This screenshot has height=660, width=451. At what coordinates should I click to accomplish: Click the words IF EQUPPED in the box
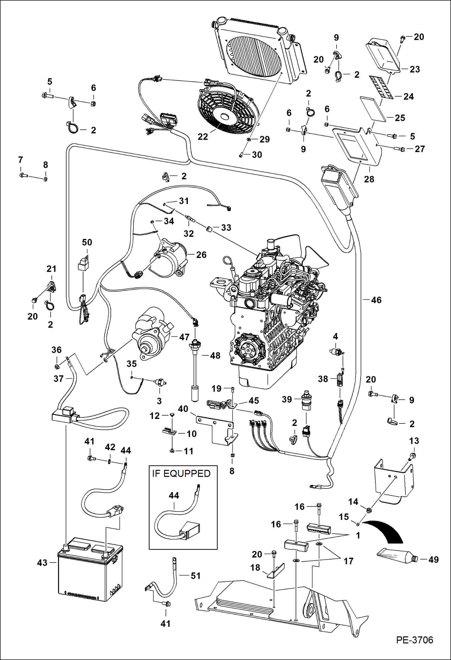pos(181,474)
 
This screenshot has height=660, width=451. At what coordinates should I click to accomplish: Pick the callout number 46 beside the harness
pos(376,300)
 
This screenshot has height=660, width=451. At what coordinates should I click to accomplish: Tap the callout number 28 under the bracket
pos(369,179)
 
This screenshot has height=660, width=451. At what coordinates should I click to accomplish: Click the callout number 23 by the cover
pos(415,70)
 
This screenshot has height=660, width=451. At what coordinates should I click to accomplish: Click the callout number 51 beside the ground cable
pos(195,576)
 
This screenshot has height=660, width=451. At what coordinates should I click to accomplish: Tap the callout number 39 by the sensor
pos(287,399)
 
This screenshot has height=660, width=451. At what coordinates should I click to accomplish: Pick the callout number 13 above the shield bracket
pos(414,441)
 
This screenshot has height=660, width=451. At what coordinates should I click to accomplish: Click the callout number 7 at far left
pos(20,160)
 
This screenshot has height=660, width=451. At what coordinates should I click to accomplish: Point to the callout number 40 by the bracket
pos(183,409)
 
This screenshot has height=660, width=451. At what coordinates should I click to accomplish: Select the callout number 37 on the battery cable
pos(58,379)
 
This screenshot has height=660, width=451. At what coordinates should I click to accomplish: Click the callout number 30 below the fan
pos(257,155)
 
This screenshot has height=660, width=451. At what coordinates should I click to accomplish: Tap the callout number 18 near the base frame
pos(255,568)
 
